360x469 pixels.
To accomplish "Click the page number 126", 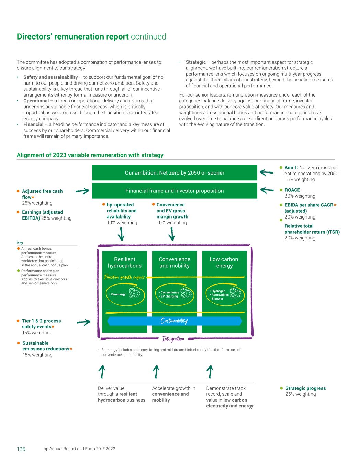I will (21, 449).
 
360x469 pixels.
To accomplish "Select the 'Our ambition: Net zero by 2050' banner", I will (175, 173).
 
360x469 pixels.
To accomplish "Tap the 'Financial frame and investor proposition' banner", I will (175, 191).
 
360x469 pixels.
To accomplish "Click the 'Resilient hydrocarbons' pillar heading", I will (124, 263).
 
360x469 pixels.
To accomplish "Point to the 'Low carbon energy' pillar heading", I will (224, 263).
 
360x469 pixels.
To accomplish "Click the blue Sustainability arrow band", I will (175, 321).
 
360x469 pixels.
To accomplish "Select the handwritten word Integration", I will (173, 339).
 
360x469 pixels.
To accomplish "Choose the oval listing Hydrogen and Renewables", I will (225, 294).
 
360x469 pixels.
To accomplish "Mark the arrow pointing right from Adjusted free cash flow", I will (82, 191).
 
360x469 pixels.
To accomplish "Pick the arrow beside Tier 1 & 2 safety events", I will (83, 322).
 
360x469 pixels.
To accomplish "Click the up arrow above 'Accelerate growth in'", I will (156, 372).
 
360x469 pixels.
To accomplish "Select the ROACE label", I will (292, 190).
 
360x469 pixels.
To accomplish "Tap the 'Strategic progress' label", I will (305, 388).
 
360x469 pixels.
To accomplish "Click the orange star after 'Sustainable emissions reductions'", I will (71, 349).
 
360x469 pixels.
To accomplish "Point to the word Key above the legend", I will (20, 243).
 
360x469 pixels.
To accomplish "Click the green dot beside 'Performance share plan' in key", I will (19, 271).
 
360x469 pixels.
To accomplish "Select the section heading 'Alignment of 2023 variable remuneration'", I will (90, 155).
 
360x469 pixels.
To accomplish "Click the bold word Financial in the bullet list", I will (33, 124).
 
